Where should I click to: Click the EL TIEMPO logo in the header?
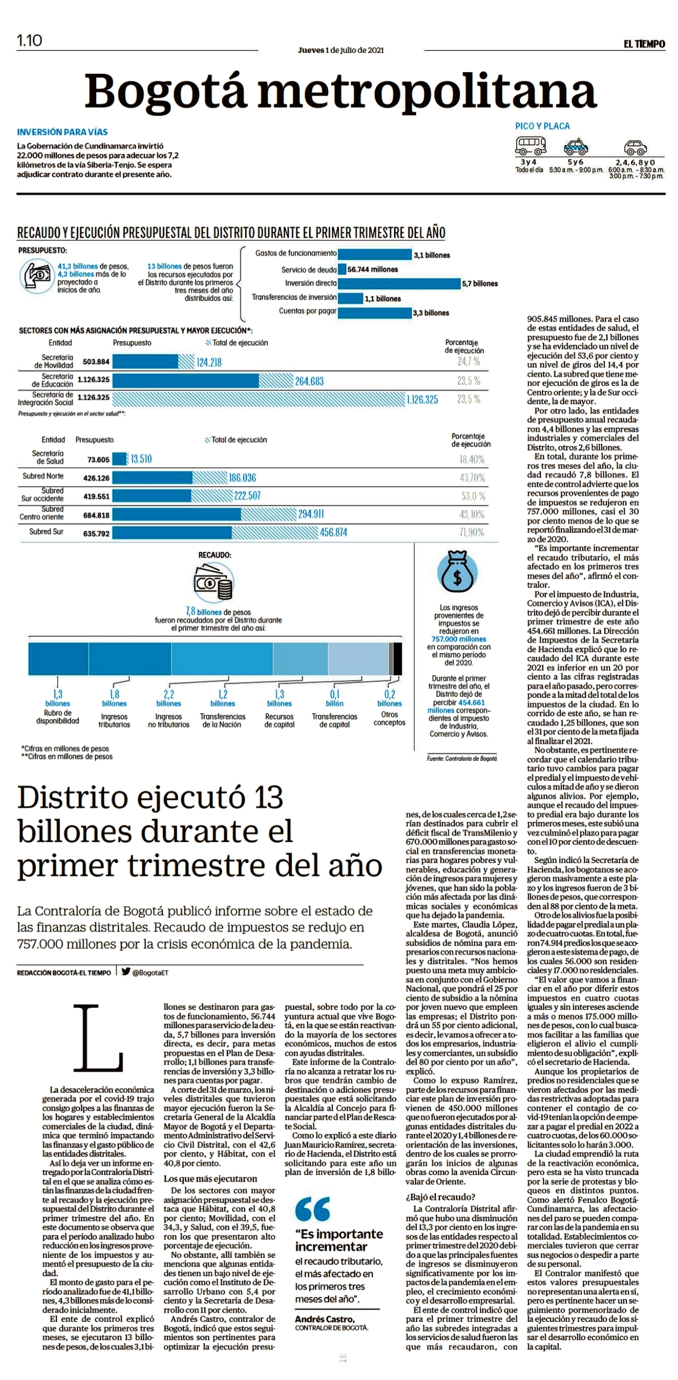pyautogui.click(x=644, y=44)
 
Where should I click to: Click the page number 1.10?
pyautogui.click(x=30, y=40)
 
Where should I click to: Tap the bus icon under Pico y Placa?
pyautogui.click(x=531, y=145)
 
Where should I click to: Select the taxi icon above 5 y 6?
pyautogui.click(x=575, y=146)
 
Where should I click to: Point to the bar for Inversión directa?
pyautogui.click(x=399, y=283)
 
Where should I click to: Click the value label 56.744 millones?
pyautogui.click(x=373, y=269)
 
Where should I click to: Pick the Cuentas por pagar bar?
pyautogui.click(x=374, y=312)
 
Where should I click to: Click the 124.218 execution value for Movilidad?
pyautogui.click(x=209, y=362)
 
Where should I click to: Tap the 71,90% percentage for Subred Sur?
pyautogui.click(x=472, y=532)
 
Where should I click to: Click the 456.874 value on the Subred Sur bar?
pyautogui.click(x=333, y=532)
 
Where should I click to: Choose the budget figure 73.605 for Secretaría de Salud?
pyautogui.click(x=98, y=459)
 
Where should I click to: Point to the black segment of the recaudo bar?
pyautogui.click(x=397, y=658)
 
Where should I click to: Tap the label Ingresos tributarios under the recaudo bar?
pyautogui.click(x=114, y=721)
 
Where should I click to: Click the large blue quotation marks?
pyautogui.click(x=312, y=1209)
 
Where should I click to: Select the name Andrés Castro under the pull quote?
pyautogui.click(x=324, y=1319)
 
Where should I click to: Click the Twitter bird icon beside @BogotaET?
pyautogui.click(x=126, y=971)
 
